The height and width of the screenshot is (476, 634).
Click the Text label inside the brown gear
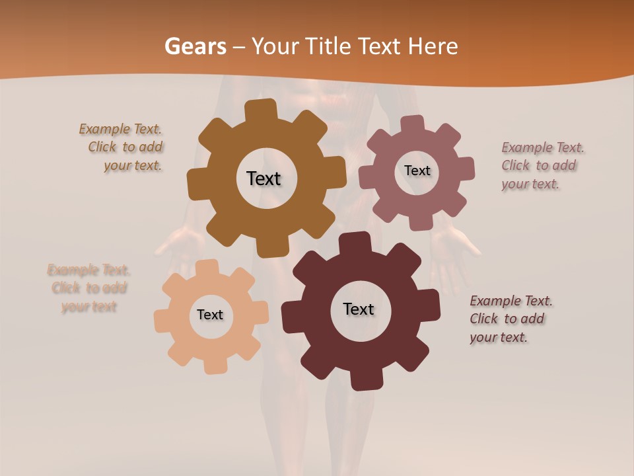264,178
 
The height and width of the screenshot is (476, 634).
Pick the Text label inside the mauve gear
417,171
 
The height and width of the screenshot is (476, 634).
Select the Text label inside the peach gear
210,315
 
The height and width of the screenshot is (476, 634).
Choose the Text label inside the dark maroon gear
359,309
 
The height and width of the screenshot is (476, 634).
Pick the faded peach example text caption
88,288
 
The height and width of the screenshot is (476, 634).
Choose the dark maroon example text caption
510,319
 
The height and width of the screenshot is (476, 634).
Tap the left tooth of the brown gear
197,185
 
